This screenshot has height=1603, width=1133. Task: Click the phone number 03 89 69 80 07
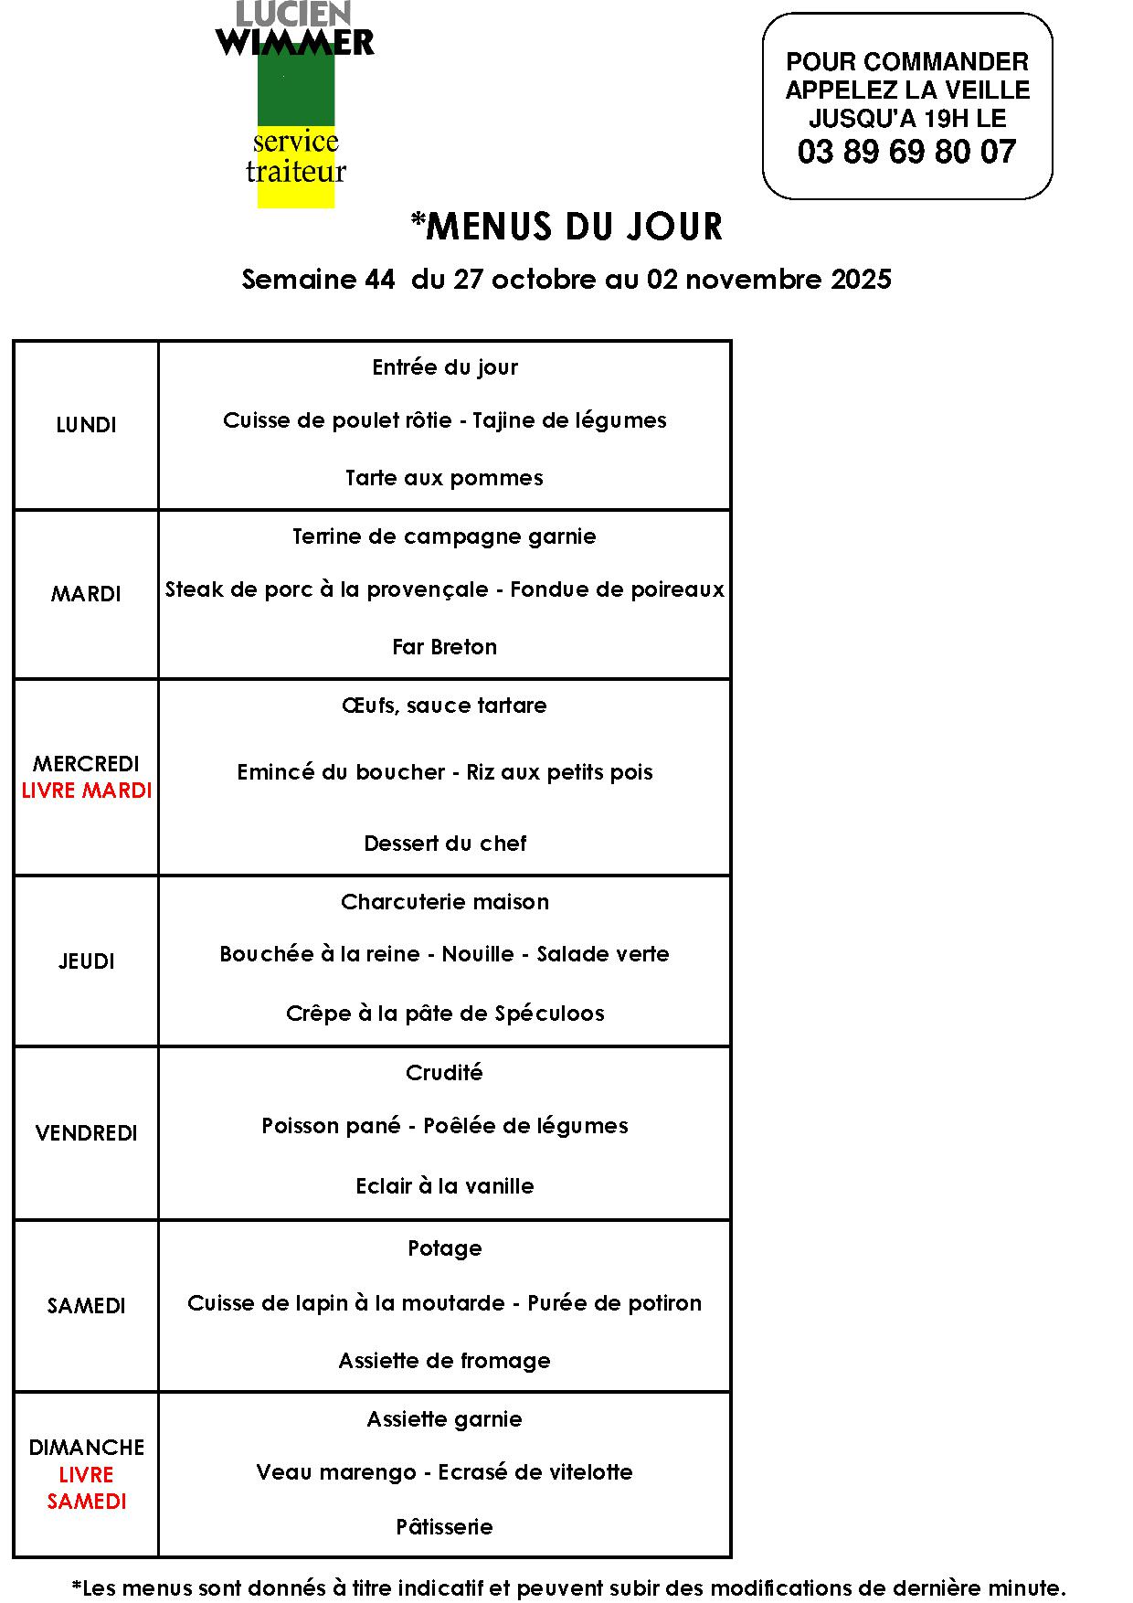click(906, 152)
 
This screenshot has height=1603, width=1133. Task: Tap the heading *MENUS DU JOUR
click(566, 227)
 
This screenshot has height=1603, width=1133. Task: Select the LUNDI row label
click(86, 425)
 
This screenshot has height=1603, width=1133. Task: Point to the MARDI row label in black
click(86, 594)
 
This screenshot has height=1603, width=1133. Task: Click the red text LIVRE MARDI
click(86, 791)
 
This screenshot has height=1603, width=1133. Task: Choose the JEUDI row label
click(86, 961)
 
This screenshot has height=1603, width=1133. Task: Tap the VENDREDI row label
click(86, 1133)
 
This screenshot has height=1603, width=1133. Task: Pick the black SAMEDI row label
click(86, 1306)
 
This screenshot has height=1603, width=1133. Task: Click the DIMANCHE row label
click(86, 1448)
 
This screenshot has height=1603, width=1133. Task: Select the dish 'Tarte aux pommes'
click(444, 478)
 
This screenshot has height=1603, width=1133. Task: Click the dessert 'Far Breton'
click(444, 647)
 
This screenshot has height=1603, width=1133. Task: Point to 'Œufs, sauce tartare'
click(444, 706)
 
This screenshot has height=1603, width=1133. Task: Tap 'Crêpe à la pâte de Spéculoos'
click(444, 1014)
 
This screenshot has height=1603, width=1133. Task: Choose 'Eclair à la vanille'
click(444, 1186)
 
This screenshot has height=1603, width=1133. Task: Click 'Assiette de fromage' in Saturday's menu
click(444, 1361)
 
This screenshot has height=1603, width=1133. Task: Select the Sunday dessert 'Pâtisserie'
click(444, 1527)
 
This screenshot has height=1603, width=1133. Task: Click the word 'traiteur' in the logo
click(296, 172)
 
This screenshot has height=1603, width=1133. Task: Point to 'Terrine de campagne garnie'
click(444, 536)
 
